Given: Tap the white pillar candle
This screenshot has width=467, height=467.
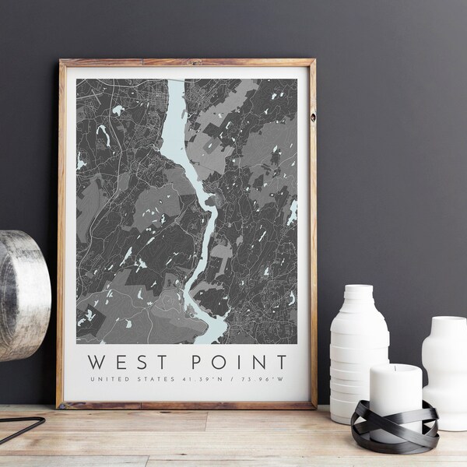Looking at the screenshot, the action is click(395, 397).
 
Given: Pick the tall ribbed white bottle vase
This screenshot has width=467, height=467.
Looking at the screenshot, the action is click(359, 350).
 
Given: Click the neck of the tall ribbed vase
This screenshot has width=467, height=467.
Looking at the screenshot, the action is click(359, 295).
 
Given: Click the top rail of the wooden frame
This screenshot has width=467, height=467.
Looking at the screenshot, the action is click(187, 62).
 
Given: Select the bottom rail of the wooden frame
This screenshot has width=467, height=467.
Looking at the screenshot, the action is click(187, 404).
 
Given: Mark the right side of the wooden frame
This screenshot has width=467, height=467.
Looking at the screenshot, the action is click(312, 233).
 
